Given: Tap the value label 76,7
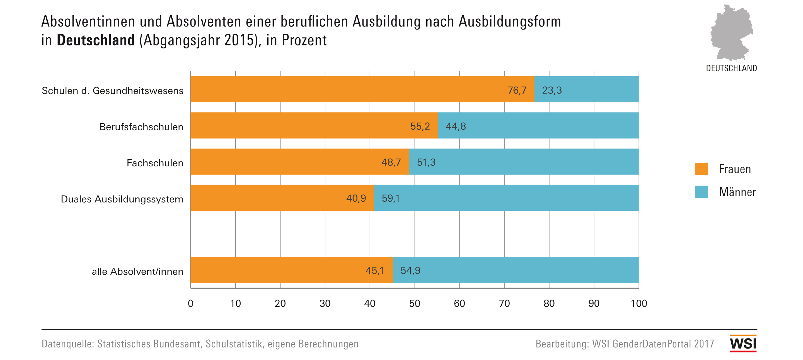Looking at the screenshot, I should (517, 90).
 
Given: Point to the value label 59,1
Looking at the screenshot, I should (391, 198).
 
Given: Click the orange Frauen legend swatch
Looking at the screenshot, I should (702, 169).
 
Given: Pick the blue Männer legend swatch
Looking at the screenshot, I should (702, 192).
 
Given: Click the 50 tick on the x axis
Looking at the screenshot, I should (414, 303).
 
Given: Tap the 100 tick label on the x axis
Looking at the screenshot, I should (639, 303).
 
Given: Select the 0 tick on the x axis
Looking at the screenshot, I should (190, 303).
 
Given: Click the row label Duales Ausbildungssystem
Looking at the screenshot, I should (122, 199).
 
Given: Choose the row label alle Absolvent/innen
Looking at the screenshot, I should (137, 272).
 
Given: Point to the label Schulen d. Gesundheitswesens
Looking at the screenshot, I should (113, 91).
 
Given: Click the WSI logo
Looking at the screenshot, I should (743, 344).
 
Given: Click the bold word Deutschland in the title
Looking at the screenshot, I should (96, 40).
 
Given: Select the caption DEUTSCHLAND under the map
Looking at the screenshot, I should (731, 68).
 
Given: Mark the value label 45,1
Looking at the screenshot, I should (375, 270).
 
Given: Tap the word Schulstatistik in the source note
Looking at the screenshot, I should (234, 344).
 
